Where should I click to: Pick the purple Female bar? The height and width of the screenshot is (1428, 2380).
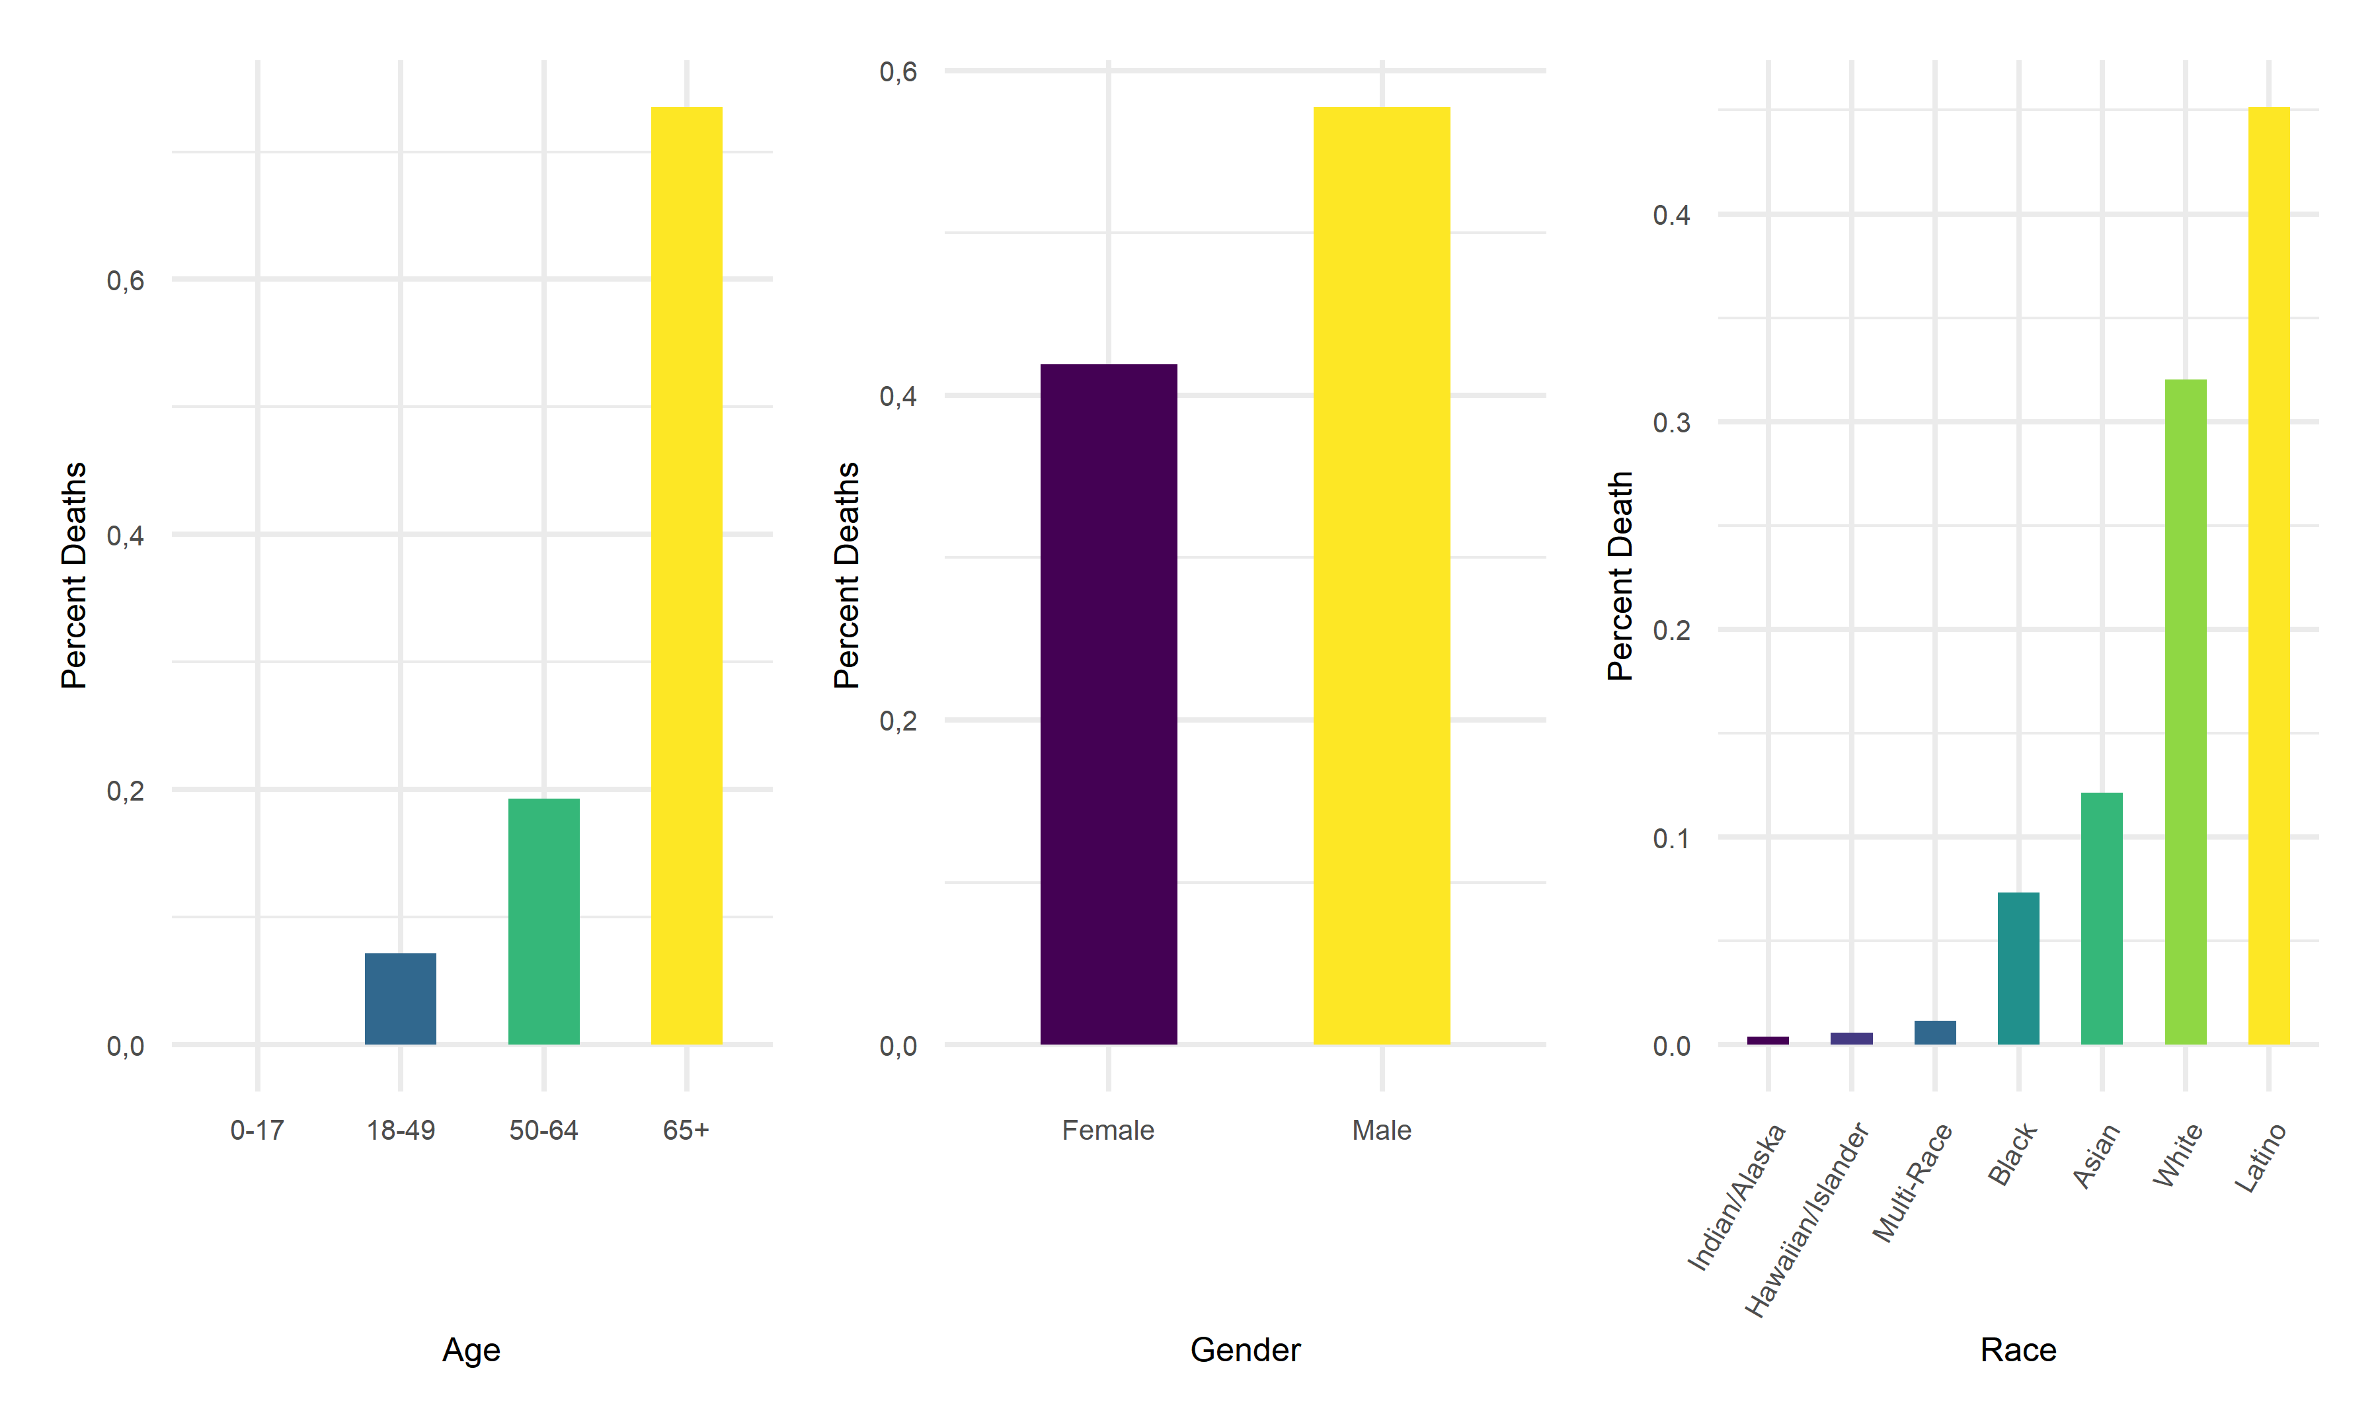click(1108, 703)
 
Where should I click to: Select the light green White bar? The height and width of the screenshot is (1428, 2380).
click(2185, 711)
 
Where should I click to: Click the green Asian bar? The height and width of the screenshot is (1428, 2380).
click(2101, 918)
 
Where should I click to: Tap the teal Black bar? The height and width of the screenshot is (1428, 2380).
click(2018, 968)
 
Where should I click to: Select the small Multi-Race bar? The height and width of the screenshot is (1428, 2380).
click(1934, 1033)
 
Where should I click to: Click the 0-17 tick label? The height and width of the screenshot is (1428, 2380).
click(257, 1130)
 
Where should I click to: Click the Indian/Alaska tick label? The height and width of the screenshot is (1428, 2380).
click(1737, 1196)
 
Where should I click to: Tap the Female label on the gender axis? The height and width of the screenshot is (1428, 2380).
click(1107, 1130)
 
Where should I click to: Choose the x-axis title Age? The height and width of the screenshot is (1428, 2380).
click(471, 1349)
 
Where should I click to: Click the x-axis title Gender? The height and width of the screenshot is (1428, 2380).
click(1245, 1349)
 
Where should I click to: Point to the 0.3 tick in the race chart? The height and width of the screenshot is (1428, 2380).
click(1671, 422)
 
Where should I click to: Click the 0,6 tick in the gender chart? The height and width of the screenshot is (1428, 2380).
click(898, 71)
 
